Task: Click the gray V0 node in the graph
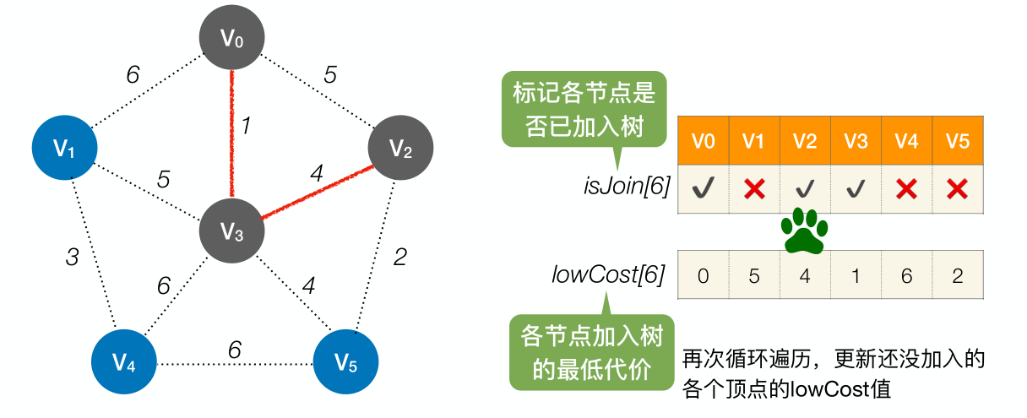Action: [232, 38]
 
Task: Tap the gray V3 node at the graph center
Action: [232, 231]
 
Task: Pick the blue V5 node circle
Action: [346, 363]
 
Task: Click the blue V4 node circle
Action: [124, 363]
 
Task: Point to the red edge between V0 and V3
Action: [231, 135]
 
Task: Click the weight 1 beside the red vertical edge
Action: [247, 127]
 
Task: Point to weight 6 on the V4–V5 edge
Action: [234, 349]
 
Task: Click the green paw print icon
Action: [803, 231]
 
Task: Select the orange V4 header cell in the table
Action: [906, 141]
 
